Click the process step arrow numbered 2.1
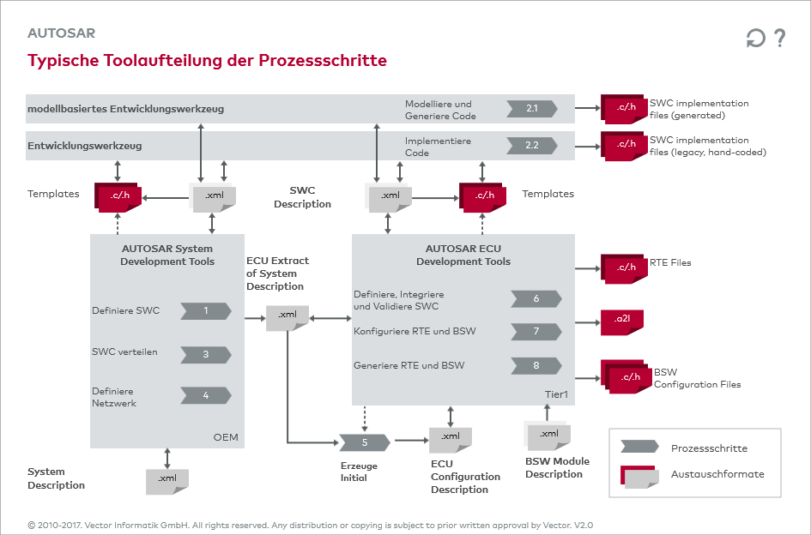click(532, 109)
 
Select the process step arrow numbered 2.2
click(532, 145)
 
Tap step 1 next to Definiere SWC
click(206, 310)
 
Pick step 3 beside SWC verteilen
click(206, 353)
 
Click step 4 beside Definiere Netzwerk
click(206, 395)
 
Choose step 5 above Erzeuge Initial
click(365, 442)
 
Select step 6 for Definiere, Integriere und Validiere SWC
click(536, 298)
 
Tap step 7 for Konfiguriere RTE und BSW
click(536, 331)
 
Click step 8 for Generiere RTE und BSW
click(536, 365)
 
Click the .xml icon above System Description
click(167, 480)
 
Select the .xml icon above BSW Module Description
click(548, 436)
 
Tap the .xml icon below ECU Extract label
click(287, 316)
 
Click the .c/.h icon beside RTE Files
click(623, 267)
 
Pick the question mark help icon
click(779, 38)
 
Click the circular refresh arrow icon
click(755, 39)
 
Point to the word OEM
click(226, 438)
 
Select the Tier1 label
click(557, 394)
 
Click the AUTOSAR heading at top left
click(61, 33)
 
